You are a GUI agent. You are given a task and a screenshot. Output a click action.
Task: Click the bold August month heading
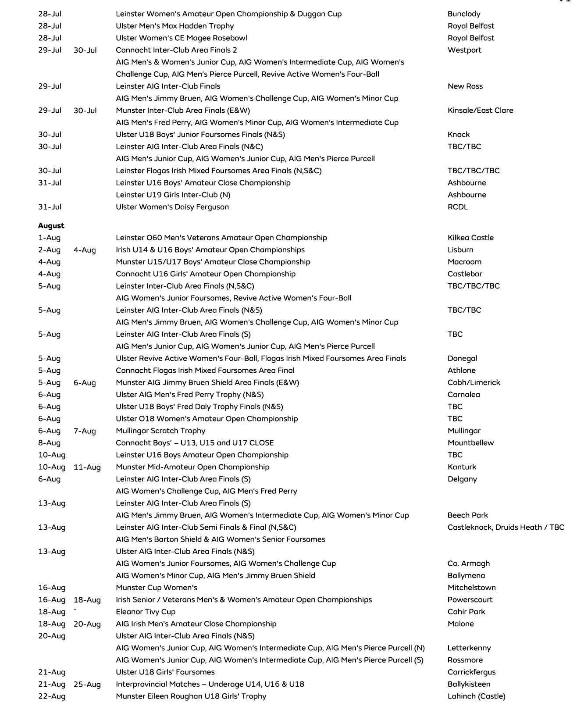(51, 226)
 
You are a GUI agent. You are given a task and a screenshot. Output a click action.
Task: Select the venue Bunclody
(464, 14)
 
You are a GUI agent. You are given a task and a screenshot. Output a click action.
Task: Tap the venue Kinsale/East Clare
(480, 111)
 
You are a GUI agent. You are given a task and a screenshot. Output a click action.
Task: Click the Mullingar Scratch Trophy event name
(160, 431)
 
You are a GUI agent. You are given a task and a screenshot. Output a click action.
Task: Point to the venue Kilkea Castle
(470, 238)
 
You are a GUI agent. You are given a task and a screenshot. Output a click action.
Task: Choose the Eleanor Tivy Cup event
(146, 612)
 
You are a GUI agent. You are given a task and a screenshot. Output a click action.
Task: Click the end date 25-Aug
(87, 684)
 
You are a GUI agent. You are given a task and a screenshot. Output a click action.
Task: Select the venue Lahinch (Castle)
(476, 696)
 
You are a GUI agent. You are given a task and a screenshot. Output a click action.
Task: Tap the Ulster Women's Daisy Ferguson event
(172, 207)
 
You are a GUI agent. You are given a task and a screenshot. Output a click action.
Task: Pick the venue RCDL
(458, 207)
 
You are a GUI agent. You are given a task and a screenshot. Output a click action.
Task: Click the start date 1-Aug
(50, 238)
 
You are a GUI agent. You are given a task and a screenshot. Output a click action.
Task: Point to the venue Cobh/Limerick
(474, 382)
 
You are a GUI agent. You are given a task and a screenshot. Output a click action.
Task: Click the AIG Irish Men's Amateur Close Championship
(196, 624)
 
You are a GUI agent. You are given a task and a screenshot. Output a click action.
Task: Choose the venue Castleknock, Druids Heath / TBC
(506, 527)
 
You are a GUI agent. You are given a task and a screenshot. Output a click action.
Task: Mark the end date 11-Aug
(87, 467)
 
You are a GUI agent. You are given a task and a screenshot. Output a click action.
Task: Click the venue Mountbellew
(470, 443)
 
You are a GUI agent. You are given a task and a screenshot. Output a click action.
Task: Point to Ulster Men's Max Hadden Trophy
(175, 26)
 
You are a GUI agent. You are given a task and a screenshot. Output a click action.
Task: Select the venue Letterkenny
(469, 648)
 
